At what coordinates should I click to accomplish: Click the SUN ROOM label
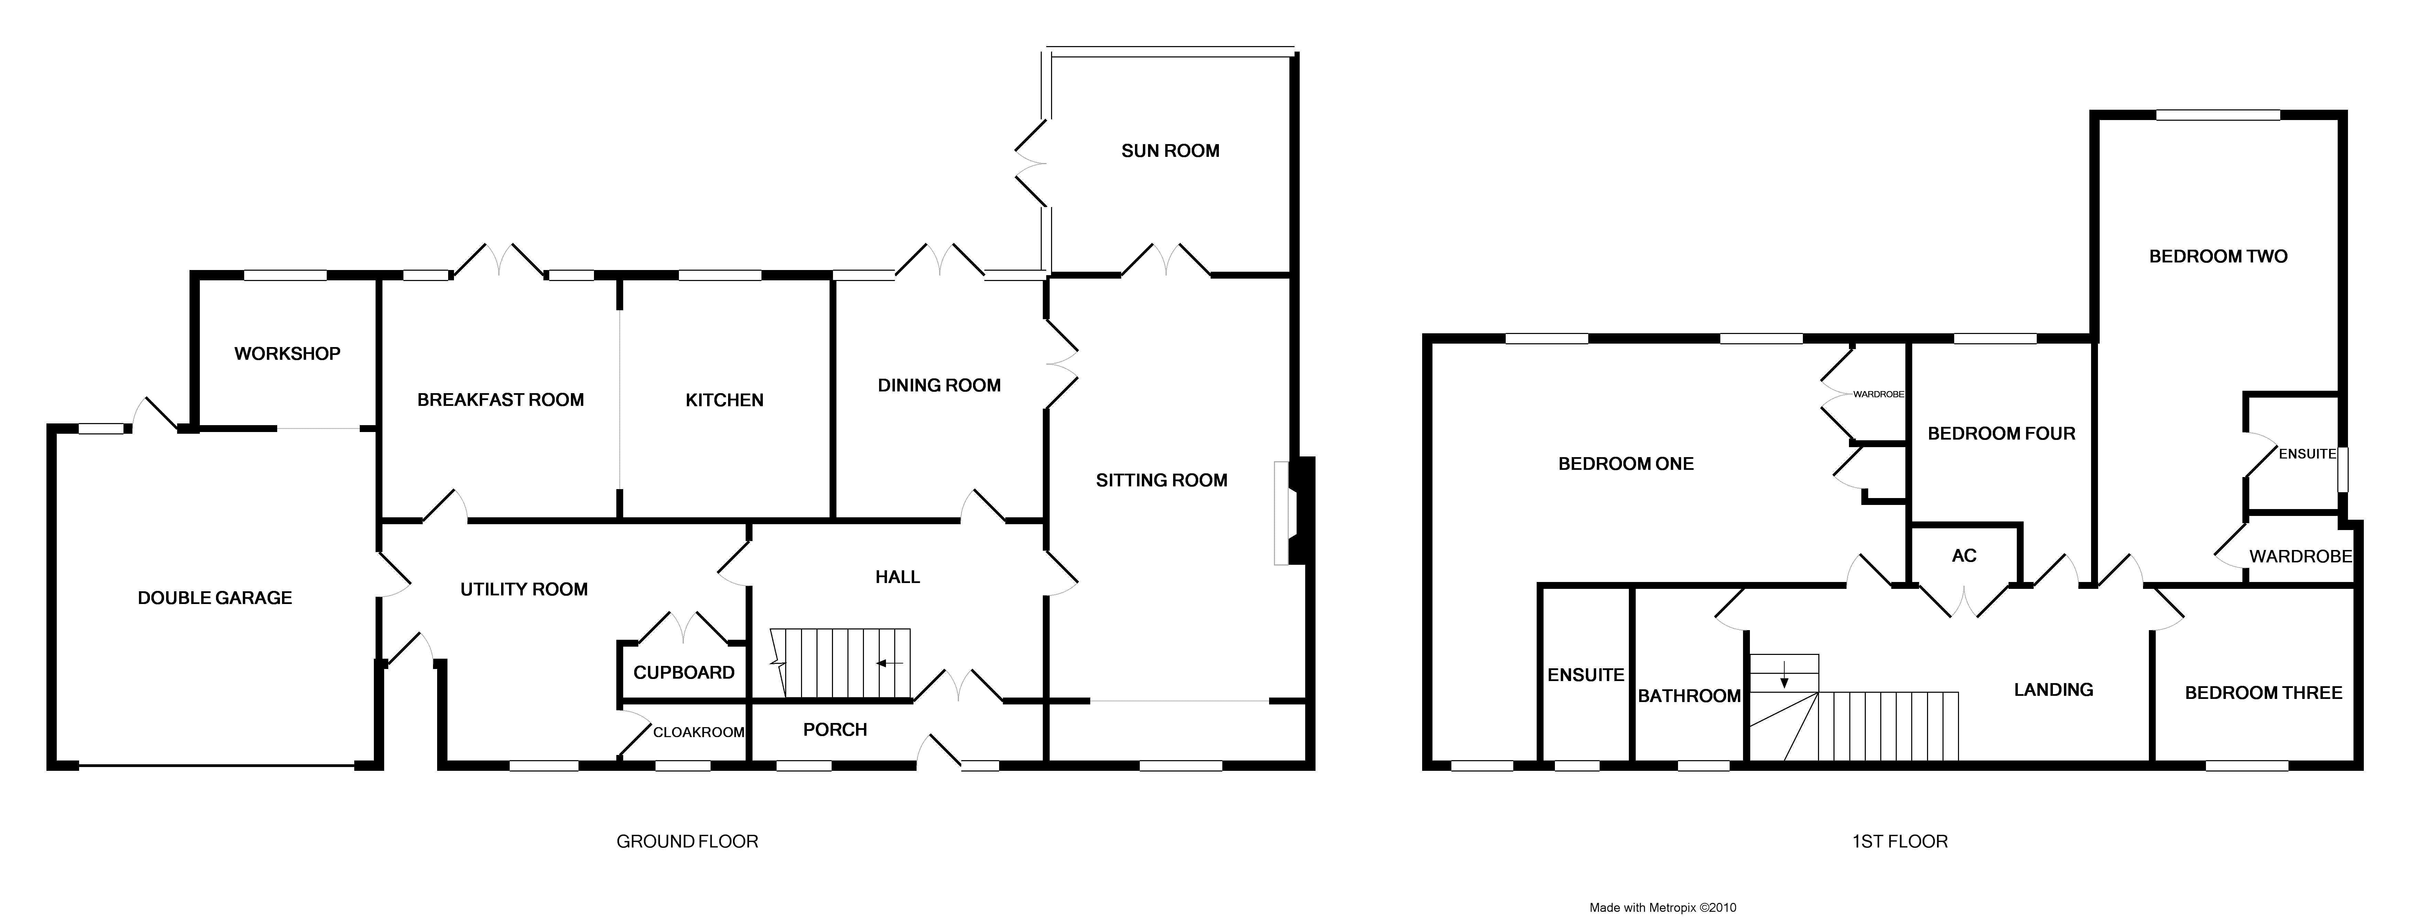[1170, 151]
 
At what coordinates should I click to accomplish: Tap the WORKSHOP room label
[287, 354]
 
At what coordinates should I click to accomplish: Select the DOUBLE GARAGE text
[215, 598]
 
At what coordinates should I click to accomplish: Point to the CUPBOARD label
[683, 672]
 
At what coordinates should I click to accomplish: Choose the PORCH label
[835, 730]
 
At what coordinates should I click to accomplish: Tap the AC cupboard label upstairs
[1964, 555]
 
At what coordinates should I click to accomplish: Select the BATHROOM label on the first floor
[1689, 696]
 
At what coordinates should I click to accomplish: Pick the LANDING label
[2053, 690]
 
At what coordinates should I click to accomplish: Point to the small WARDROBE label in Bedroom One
[1878, 395]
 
